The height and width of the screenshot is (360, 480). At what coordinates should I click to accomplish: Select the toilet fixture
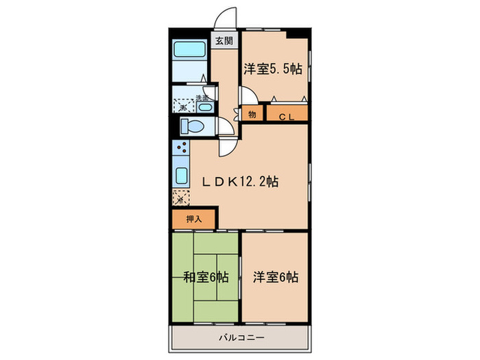pyautogui.click(x=191, y=125)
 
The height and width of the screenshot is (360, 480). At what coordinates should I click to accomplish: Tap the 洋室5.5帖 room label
pyautogui.click(x=273, y=69)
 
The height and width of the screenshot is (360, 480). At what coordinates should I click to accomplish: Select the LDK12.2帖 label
pyautogui.click(x=239, y=182)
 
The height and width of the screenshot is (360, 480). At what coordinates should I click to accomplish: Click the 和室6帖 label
pyautogui.click(x=206, y=278)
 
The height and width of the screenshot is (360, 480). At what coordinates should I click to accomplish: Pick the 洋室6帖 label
pyautogui.click(x=275, y=278)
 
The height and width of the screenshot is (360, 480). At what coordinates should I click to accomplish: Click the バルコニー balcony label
pyautogui.click(x=241, y=337)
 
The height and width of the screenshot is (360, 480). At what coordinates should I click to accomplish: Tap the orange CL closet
pyautogui.click(x=286, y=115)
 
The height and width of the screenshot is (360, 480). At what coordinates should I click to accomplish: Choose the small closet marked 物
pyautogui.click(x=252, y=115)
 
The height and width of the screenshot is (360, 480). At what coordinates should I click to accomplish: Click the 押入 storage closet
pyautogui.click(x=194, y=219)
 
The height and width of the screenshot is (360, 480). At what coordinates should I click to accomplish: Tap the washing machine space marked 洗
pyautogui.click(x=182, y=106)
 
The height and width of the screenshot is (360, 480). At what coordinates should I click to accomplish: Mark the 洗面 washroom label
pyautogui.click(x=202, y=97)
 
